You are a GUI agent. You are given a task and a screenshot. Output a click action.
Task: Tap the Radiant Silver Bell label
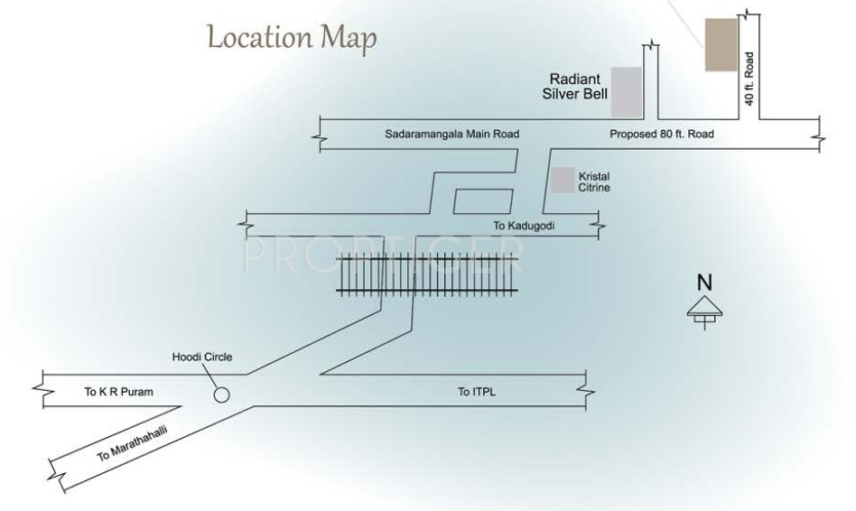coord(578,86)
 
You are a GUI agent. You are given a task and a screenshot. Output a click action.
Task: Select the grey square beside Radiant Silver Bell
coord(627,91)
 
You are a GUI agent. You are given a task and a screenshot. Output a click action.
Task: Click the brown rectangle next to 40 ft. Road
coord(720,42)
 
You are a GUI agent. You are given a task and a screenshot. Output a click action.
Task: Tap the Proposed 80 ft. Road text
coord(661,135)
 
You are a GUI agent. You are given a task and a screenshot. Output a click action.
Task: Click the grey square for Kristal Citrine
coord(563,180)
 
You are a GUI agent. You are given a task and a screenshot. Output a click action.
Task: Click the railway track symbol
coord(428,274)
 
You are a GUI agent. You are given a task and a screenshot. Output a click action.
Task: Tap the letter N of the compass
coord(704,283)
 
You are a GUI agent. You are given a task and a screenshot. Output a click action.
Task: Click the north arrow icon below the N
coord(704,309)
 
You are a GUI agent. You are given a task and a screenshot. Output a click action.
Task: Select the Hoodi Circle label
coord(202,358)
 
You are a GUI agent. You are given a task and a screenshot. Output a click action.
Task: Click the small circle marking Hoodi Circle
coord(221,395)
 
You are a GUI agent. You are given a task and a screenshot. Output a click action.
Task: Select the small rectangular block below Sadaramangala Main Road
coord(481,201)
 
